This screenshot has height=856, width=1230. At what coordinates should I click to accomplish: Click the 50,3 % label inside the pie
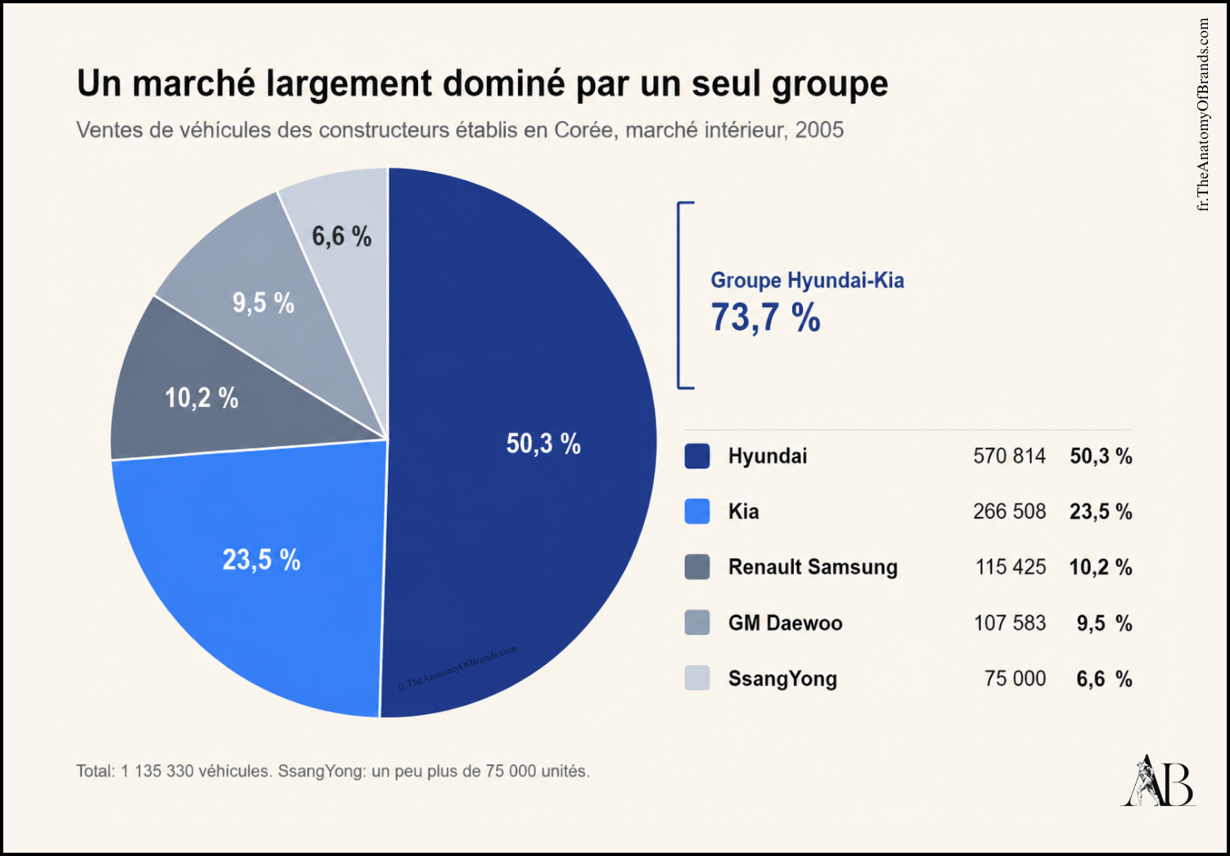[543, 443]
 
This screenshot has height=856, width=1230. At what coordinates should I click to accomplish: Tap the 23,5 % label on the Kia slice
[261, 560]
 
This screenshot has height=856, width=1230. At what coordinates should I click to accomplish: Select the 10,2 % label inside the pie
[201, 398]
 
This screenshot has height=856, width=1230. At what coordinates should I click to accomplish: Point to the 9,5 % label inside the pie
[264, 303]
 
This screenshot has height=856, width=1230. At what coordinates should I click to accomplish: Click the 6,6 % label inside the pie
[341, 237]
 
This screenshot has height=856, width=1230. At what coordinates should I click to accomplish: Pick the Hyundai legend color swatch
[696, 457]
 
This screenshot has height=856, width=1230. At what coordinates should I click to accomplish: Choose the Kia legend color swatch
[696, 511]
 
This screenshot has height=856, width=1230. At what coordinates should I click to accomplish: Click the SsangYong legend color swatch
[696, 678]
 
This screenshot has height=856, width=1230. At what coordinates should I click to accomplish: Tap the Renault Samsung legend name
[813, 567]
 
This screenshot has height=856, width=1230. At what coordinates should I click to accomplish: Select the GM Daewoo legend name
[786, 624]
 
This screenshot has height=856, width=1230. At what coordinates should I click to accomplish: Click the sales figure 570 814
[1009, 457]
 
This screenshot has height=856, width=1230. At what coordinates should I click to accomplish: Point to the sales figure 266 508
[1009, 511]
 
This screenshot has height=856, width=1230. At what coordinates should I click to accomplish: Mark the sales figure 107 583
[1010, 624]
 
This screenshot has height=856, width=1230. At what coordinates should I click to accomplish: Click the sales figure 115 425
[1011, 567]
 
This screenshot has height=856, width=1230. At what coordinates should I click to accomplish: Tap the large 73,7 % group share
[765, 318]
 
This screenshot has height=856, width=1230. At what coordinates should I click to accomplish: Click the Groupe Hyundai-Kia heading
[807, 281]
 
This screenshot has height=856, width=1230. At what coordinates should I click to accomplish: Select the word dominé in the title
[503, 83]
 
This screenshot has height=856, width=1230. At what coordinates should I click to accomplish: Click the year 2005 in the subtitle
[819, 130]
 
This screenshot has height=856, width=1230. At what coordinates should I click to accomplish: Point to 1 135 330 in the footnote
[157, 772]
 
